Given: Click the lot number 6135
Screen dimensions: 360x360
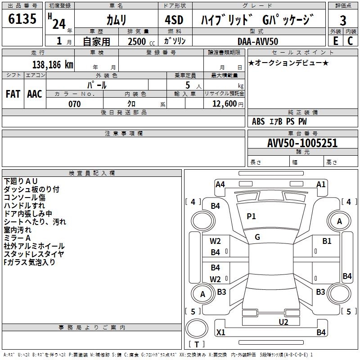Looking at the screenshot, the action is (x=22, y=19).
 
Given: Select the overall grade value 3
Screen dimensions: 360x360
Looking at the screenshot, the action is (x=343, y=20).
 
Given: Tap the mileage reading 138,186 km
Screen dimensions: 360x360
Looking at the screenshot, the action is (x=53, y=64).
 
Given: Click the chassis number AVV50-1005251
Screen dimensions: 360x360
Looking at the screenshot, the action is (x=302, y=144).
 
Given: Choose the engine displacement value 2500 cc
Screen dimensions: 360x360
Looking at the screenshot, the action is (x=139, y=41).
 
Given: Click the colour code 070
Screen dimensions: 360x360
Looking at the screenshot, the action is (x=74, y=104).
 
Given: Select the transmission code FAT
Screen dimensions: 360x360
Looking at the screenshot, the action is (x=13, y=94).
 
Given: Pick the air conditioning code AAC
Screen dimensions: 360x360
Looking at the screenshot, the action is (x=35, y=94).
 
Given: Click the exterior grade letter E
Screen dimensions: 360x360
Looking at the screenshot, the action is (x=335, y=41).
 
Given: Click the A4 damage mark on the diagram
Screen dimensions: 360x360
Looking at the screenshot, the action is (x=220, y=184).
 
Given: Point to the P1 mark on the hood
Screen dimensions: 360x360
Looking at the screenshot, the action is (x=251, y=216).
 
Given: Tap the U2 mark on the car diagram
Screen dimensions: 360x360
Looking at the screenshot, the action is (x=283, y=321).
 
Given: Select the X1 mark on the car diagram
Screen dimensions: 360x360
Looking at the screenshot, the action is (x=220, y=333).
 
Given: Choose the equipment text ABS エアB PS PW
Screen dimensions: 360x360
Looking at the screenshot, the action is (x=279, y=121).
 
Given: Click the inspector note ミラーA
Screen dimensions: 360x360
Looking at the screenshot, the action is (x=17, y=238).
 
